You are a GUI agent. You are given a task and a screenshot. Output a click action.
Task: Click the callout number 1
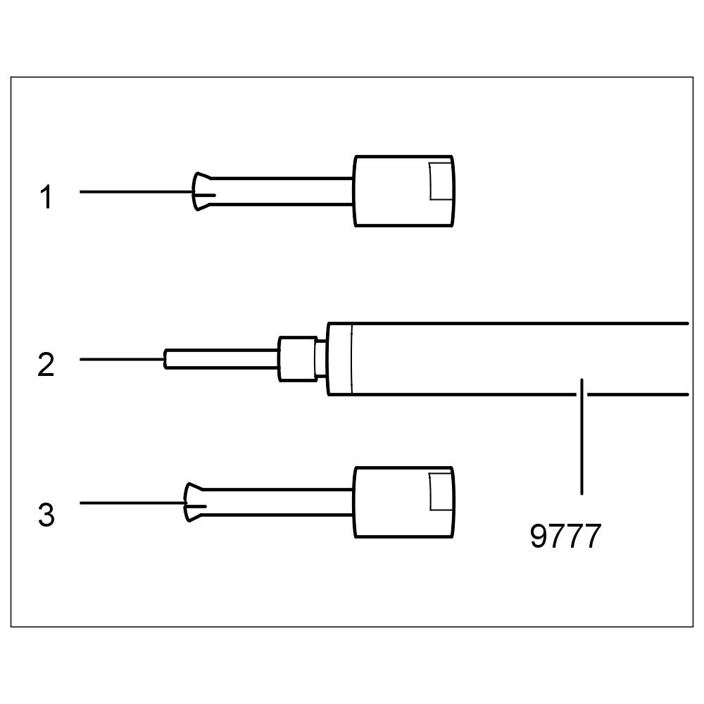46,198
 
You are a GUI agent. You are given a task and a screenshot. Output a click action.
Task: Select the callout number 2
46,365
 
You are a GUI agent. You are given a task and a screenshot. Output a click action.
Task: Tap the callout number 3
46,515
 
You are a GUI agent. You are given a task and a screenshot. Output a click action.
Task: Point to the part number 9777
565,536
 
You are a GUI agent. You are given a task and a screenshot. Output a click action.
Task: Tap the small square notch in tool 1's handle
441,181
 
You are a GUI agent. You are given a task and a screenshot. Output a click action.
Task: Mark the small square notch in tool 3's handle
441,492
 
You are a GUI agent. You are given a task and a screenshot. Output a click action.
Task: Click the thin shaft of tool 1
282,191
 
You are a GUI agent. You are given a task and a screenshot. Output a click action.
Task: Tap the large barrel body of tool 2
493,359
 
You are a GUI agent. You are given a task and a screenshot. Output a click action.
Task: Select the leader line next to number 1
134,191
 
